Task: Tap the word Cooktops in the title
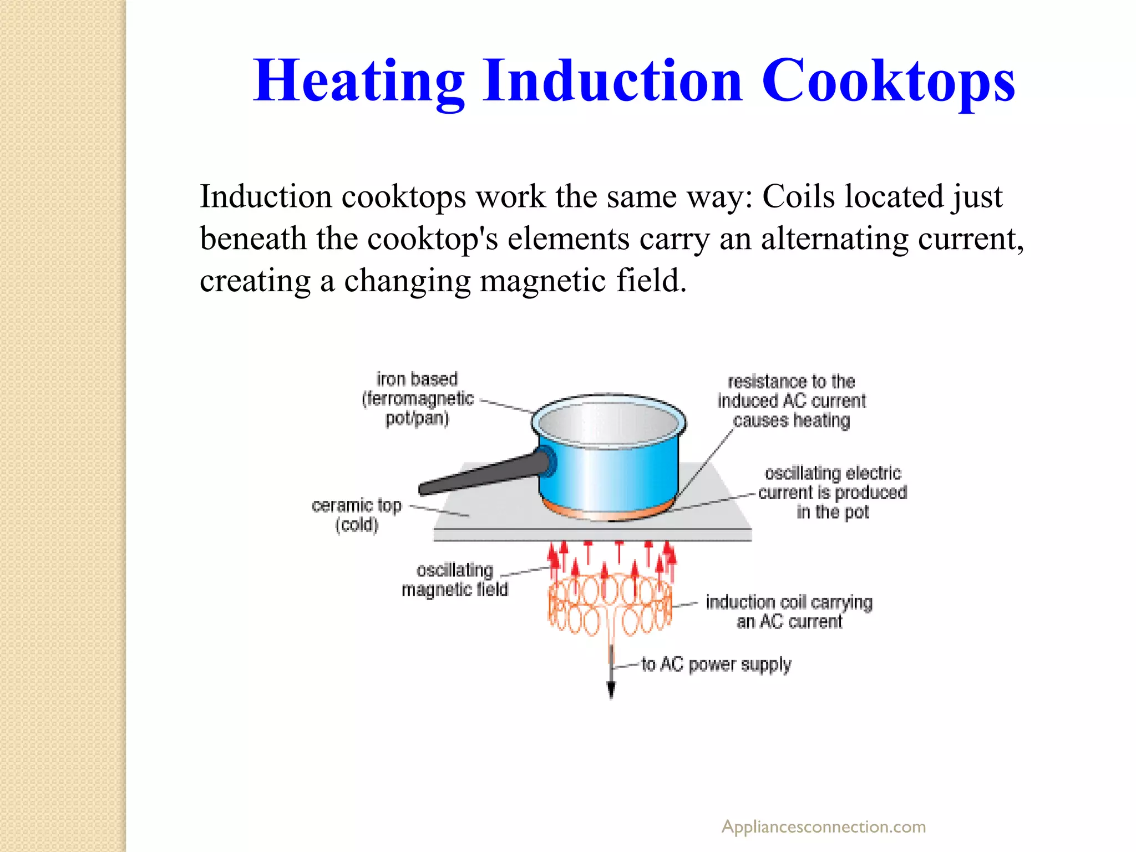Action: point(888,82)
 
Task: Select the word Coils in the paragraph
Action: point(798,196)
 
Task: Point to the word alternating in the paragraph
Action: point(834,239)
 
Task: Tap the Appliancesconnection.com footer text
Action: point(823,826)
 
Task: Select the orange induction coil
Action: point(610,605)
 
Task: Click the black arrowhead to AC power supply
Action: point(611,690)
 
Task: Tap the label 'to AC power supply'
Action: point(716,664)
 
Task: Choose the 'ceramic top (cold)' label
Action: point(357,515)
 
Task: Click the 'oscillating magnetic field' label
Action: point(455,580)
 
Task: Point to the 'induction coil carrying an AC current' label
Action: point(789,611)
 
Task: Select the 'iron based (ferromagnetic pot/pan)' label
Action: point(417,398)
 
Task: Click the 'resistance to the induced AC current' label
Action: point(792,400)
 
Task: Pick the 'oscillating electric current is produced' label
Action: point(833,492)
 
